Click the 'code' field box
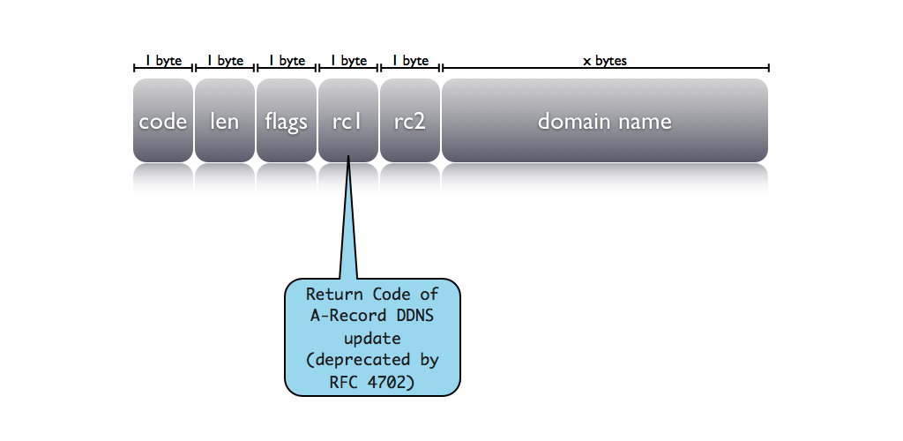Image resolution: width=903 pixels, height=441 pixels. [163, 121]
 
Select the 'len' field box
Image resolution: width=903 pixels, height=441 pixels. [225, 121]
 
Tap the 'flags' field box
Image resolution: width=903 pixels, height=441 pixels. [287, 121]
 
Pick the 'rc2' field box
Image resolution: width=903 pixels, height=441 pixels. [410, 121]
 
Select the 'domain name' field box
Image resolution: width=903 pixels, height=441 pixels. [605, 121]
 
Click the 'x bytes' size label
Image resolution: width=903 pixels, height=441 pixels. [605, 62]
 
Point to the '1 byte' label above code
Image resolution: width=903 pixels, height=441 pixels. [163, 62]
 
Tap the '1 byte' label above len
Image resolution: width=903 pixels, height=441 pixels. [225, 62]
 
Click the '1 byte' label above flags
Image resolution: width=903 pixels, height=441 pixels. [287, 62]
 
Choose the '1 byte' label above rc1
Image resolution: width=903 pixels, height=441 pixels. [348, 62]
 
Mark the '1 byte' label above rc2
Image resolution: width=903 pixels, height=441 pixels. [410, 62]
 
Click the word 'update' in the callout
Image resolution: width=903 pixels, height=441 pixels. [372, 338]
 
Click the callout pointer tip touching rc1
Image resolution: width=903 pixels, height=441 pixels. [349, 159]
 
